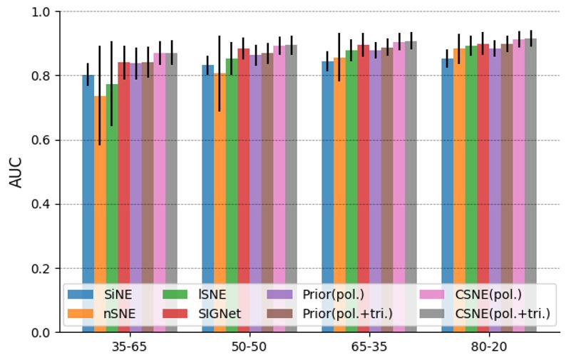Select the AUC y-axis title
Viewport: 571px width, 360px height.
click(16, 173)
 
